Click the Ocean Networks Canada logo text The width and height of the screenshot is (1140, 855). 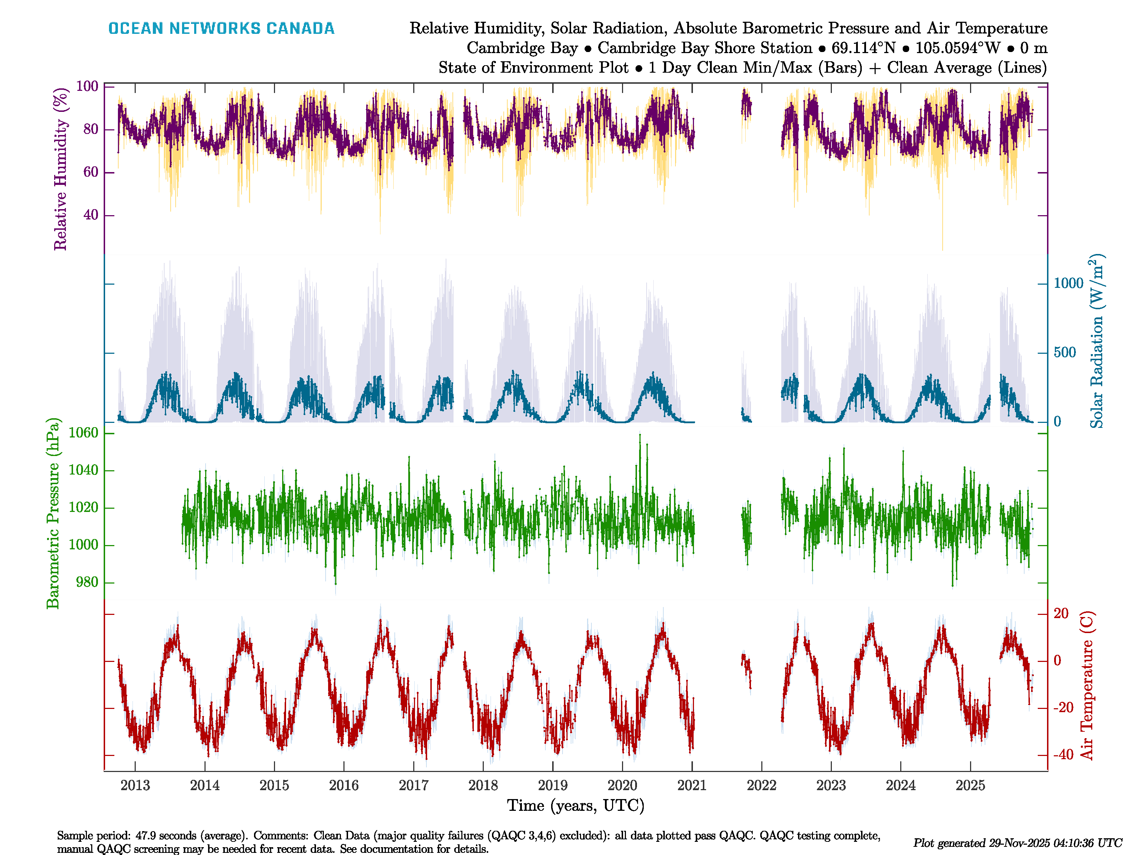tap(221, 28)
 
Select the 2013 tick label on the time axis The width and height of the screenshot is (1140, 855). tap(135, 786)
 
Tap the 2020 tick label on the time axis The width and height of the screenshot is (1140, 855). tap(622, 786)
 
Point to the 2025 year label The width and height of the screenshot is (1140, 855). tap(970, 786)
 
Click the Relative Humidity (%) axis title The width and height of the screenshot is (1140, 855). tap(61, 169)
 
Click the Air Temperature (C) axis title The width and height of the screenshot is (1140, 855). tap(1087, 685)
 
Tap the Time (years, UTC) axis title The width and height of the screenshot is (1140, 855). tap(576, 805)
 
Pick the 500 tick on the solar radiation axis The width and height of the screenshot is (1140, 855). tap(1065, 353)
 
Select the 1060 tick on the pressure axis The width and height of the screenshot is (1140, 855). tap(83, 433)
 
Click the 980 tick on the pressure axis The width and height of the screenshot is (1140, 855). tap(87, 582)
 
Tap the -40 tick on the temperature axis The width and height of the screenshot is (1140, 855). tap(1063, 755)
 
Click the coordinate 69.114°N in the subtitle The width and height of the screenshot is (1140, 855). tap(863, 48)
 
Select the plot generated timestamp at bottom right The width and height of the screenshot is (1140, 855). tap(1017, 843)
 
